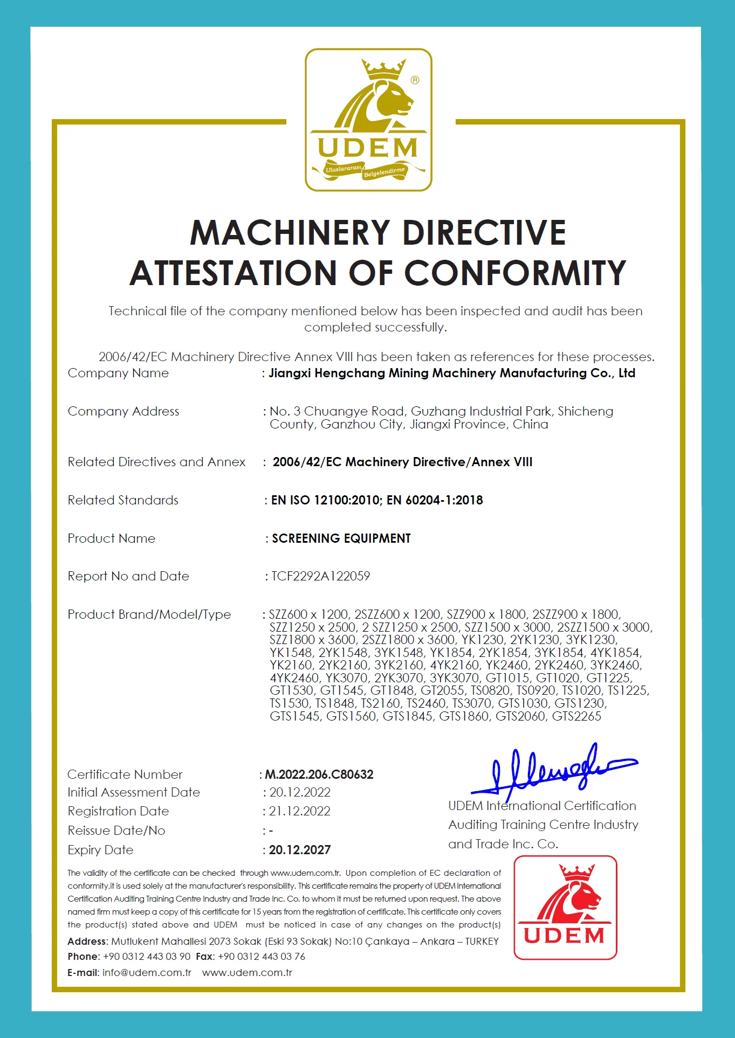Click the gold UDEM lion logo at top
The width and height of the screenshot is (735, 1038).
tap(368, 120)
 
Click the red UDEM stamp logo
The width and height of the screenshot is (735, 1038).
tap(565, 907)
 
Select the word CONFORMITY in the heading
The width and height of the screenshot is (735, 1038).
tap(515, 273)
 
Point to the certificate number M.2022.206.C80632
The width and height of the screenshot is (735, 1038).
tap(319, 774)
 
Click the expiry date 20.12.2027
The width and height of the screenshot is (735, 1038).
tap(300, 850)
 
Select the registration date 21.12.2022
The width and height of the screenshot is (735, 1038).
tap(300, 811)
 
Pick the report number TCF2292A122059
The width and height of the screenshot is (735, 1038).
tap(320, 576)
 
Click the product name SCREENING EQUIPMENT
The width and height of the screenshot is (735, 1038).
tap(341, 538)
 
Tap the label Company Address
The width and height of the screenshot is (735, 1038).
tap(123, 411)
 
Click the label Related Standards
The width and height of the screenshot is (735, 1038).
tap(123, 500)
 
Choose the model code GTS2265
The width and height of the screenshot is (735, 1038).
tap(576, 716)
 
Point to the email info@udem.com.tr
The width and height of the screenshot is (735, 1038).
tap(147, 973)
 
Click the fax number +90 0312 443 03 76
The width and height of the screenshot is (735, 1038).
tap(262, 957)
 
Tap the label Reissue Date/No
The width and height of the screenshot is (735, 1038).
tap(116, 831)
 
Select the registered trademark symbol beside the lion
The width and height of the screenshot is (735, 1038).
tap(415, 80)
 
